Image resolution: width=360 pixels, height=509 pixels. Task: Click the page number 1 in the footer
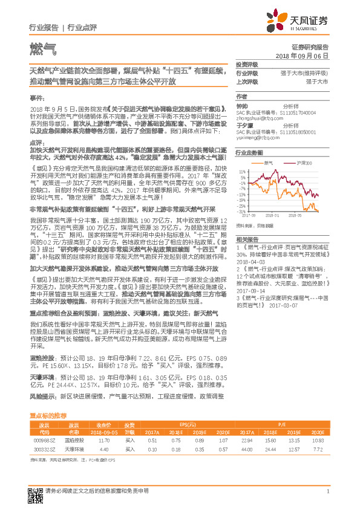(x=327, y=491)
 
